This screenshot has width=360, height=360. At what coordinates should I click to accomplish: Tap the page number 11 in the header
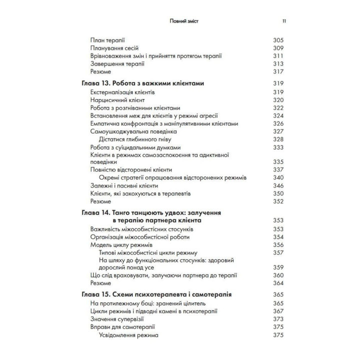[x=284, y=21]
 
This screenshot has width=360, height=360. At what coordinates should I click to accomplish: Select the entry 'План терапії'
[x=107, y=39]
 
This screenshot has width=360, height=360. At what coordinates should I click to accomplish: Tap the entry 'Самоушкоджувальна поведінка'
[x=133, y=131]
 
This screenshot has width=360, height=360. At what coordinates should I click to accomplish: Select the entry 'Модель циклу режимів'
[x=121, y=245]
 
